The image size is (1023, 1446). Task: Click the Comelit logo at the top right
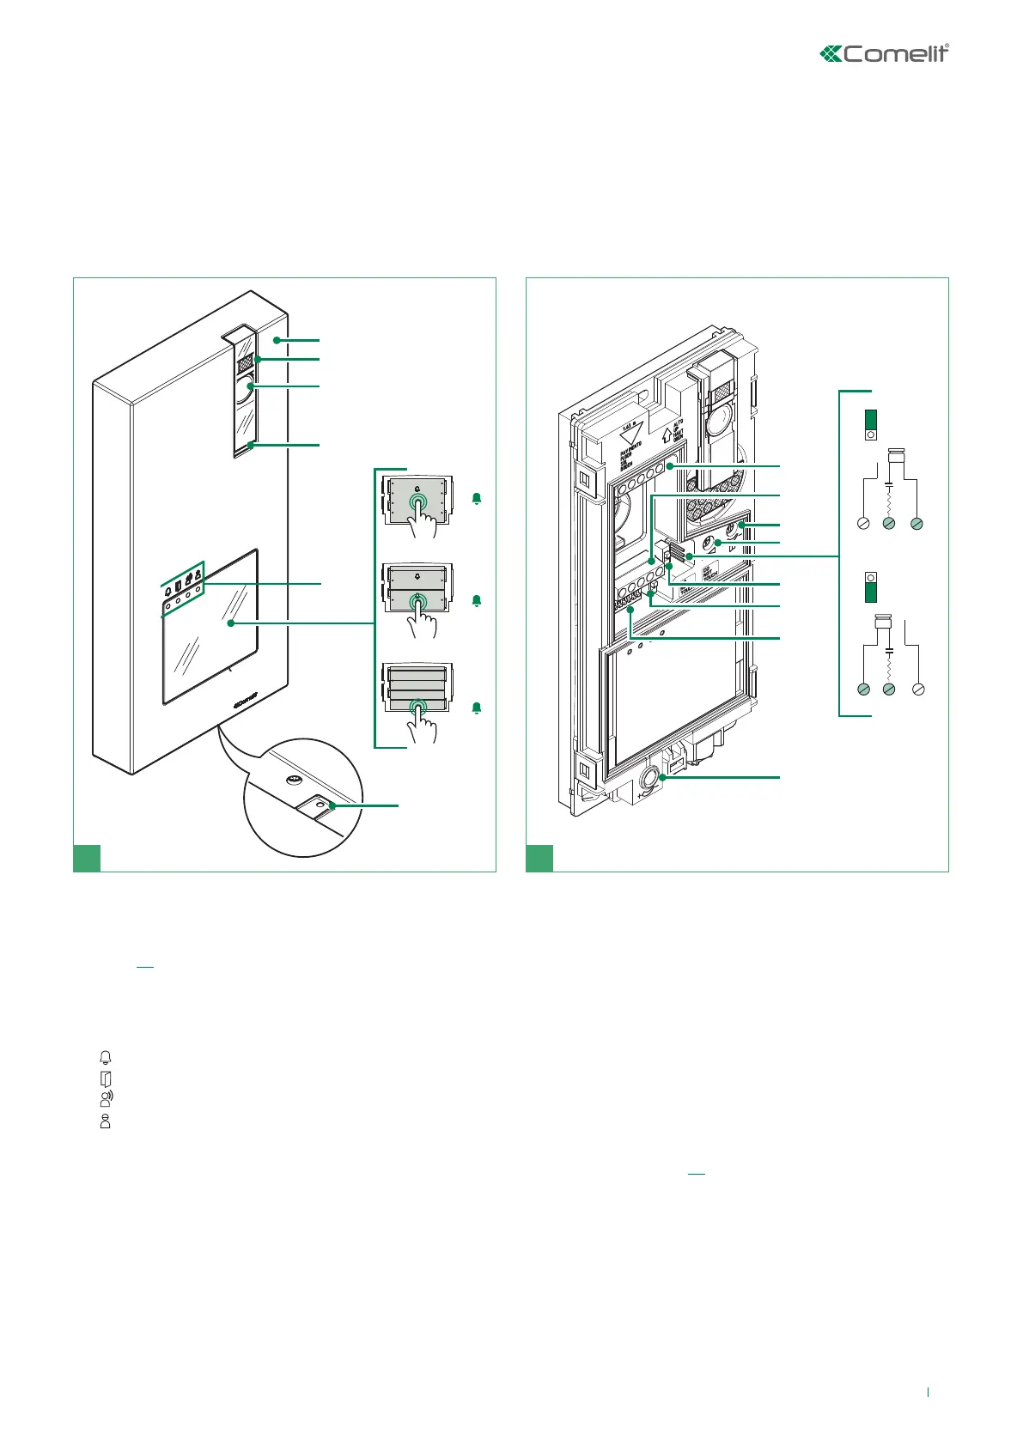point(885,53)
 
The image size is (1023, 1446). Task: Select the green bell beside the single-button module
point(477,498)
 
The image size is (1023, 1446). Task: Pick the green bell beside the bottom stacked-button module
point(477,708)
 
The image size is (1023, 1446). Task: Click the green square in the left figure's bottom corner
point(87,858)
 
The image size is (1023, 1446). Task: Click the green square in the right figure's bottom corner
point(539,858)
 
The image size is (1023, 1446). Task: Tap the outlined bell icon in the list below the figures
point(106,1057)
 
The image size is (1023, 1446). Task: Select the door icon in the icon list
point(106,1078)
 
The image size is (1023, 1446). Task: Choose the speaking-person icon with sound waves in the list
point(107,1098)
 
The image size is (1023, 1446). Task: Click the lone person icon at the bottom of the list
point(106,1121)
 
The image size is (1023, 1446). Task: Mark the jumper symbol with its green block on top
point(870,424)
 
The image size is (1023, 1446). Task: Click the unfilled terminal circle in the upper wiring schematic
point(863,523)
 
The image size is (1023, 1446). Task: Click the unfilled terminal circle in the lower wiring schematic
point(918,689)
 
